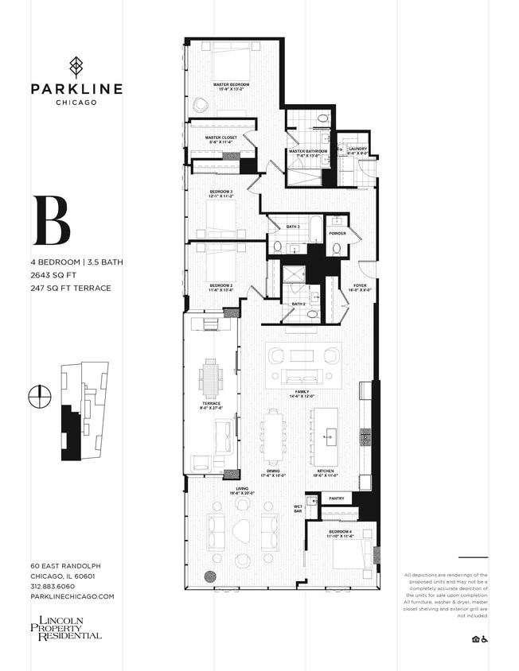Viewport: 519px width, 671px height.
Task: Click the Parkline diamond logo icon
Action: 76,67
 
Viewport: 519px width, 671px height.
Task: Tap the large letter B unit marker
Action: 52,221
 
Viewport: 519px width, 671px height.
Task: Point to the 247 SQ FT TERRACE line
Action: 72,288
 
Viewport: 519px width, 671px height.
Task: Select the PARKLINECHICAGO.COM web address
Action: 72,596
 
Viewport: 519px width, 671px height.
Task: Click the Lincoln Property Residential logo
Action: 66,627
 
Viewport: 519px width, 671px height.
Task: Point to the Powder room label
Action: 337,234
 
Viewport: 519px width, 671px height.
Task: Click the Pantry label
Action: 335,499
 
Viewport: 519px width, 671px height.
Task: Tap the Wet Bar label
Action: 298,510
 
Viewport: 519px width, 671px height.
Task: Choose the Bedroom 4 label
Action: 340,533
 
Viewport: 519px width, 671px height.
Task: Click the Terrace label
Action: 211,405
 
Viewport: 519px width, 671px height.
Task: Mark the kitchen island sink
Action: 329,436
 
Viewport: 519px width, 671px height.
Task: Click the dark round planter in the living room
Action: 211,577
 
